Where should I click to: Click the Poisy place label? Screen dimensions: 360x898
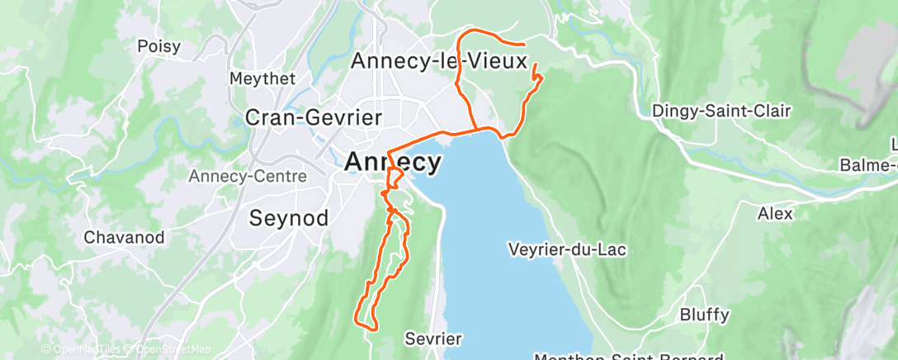pos(158,46)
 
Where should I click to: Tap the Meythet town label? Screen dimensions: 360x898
pos(260,78)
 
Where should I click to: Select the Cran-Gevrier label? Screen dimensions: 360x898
pos(314,117)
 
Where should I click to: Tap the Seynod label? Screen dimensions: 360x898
pos(289,218)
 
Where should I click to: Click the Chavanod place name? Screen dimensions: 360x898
pos(124,238)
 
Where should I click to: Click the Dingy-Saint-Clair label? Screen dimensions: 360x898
pos(721,111)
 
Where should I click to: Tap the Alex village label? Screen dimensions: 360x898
pos(775,214)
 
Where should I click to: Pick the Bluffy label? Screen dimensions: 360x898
pos(704,315)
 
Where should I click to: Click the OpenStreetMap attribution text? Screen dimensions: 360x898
pos(173,350)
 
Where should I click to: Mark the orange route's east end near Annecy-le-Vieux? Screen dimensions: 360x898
pos(525,44)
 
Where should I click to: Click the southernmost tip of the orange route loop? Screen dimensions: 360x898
pos(371,329)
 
